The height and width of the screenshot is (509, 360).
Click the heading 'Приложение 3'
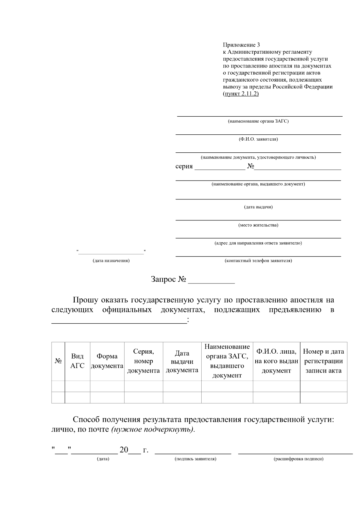[x=241, y=45]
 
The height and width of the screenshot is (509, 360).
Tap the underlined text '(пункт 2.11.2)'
[x=241, y=94]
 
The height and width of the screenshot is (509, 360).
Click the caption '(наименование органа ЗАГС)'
[x=258, y=121]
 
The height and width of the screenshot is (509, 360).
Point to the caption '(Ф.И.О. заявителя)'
[x=258, y=139]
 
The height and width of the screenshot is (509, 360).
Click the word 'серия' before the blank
[x=184, y=166]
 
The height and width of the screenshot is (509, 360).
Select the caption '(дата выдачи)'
[x=258, y=207]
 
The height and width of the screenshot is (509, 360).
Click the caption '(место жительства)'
[x=258, y=225]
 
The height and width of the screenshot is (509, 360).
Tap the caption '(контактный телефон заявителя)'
[x=258, y=261]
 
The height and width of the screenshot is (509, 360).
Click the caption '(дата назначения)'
[x=111, y=261]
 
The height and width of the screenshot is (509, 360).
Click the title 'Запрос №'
[x=168, y=280]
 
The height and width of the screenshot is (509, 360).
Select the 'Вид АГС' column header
[x=77, y=361]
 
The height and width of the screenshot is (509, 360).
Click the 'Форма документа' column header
[x=107, y=361]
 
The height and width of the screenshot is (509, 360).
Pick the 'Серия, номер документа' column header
[x=143, y=361]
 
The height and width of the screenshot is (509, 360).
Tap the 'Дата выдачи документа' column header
[x=182, y=361]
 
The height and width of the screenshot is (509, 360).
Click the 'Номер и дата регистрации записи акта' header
[x=323, y=361]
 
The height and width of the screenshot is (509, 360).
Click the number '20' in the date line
[x=124, y=450]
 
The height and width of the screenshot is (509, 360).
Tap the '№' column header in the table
[x=58, y=361]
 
